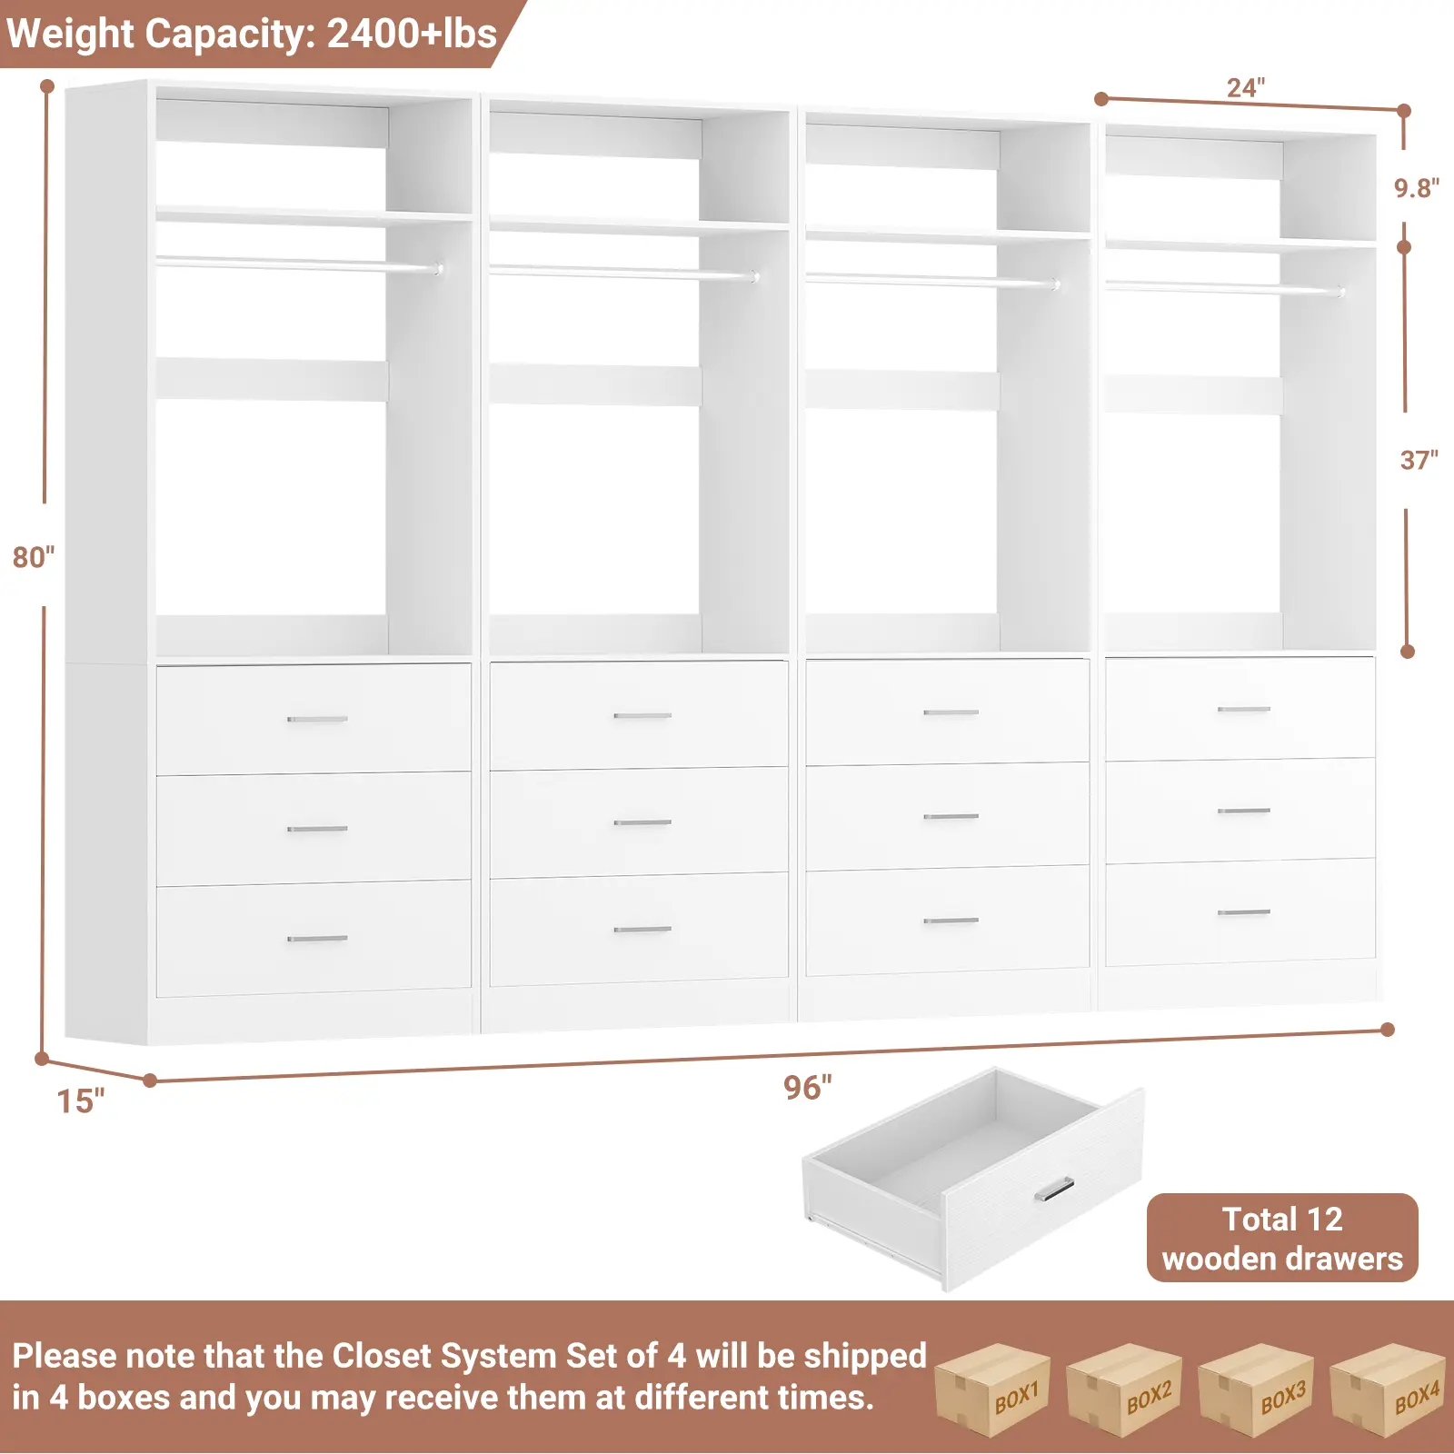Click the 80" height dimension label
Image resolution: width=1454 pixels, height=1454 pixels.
34,556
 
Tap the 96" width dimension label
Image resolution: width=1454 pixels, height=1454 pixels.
807,1087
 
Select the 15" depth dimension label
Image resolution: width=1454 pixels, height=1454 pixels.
80,1100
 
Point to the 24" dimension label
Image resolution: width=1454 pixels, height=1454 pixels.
1245,87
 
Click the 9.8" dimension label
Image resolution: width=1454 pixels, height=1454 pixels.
1416,188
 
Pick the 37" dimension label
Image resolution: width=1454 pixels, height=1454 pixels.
1418,460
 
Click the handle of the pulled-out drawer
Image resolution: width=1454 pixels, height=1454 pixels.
1054,1189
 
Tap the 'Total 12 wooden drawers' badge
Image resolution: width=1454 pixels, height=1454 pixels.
1281,1238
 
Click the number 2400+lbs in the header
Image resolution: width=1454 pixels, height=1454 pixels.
411,34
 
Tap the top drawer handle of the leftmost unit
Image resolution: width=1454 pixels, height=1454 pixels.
317,719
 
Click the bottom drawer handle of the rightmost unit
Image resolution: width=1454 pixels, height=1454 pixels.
1243,911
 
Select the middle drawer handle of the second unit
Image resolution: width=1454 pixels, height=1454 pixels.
642,822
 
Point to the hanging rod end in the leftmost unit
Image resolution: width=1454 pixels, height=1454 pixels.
438,269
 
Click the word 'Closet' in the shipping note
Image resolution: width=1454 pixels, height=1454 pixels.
382,1356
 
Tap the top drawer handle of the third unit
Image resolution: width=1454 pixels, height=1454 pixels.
951,712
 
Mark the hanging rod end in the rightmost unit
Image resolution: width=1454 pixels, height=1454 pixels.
1340,292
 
